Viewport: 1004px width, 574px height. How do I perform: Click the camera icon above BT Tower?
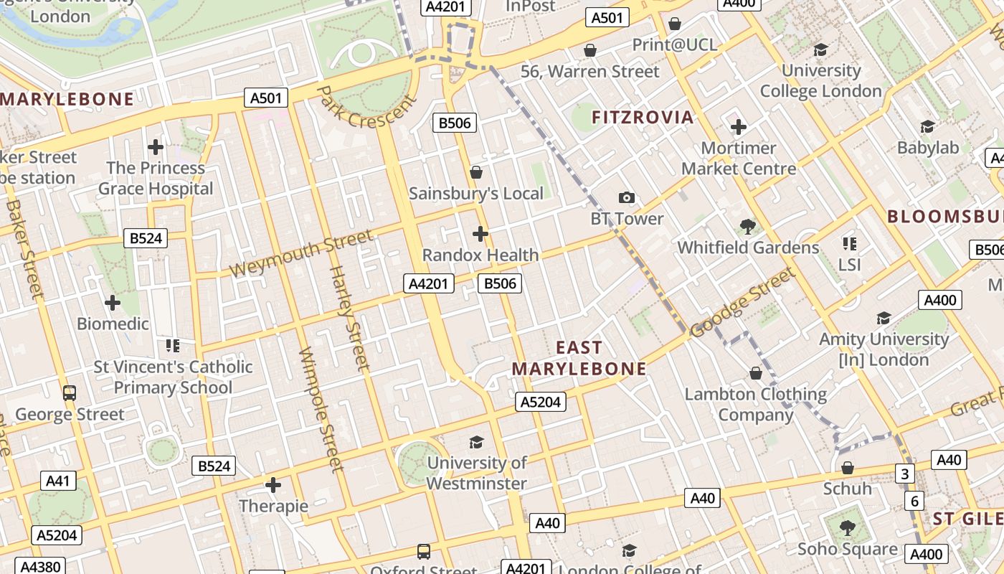coord(626,197)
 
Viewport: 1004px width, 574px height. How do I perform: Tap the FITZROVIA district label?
coord(643,117)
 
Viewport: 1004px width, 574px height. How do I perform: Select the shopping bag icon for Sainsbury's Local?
coord(475,172)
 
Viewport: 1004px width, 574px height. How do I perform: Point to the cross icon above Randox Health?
coord(480,234)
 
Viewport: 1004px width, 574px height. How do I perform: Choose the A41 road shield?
coord(58,480)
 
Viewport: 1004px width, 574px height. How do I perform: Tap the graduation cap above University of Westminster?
coord(476,442)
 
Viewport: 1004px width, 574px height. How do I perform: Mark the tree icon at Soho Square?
coord(847,528)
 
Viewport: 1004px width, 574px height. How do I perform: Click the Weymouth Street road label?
coord(301,253)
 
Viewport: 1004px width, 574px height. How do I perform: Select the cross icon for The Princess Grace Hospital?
coord(155,147)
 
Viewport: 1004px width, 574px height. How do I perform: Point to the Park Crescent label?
coord(366,107)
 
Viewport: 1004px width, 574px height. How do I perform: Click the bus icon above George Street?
coord(69,393)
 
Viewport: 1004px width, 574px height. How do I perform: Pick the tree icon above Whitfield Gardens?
coord(747,227)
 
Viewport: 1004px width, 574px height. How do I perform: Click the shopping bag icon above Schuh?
coord(847,468)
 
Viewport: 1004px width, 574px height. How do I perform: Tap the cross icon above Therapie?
coord(273,485)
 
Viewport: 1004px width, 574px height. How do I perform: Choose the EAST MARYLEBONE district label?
coord(579,358)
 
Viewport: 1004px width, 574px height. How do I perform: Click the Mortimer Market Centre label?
coord(738,159)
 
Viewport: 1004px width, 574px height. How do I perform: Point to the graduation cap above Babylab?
coord(927,127)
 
